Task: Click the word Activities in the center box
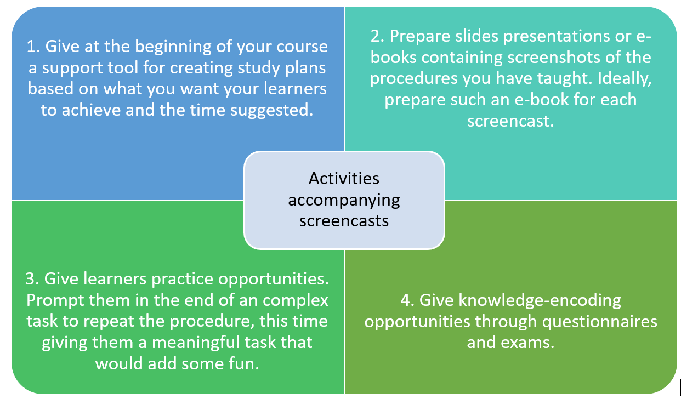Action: coord(344,178)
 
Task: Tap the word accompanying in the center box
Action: coord(344,201)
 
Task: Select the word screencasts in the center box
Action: coord(344,221)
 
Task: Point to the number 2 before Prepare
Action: coord(376,36)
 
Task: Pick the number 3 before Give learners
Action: coord(30,279)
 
